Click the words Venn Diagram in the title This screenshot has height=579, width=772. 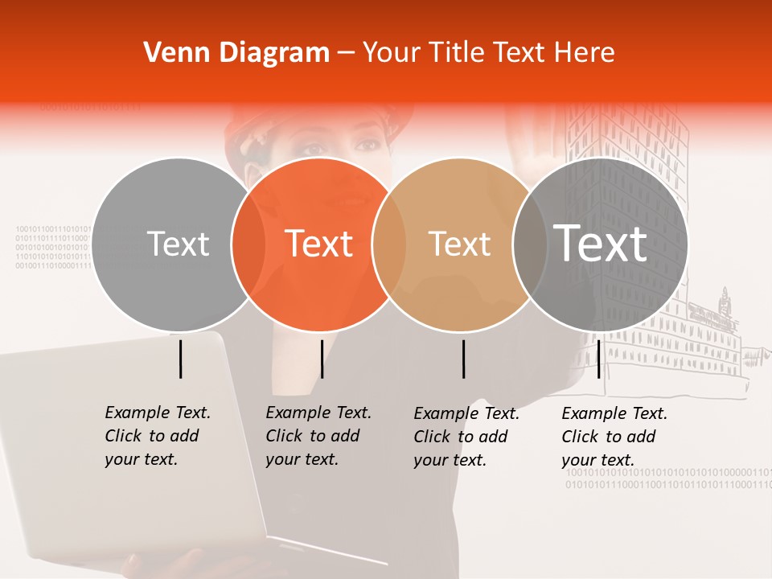tap(236, 53)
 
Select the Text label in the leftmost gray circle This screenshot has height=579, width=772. tap(179, 244)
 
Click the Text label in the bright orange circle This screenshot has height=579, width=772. tap(318, 244)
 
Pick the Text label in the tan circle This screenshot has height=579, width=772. tap(459, 244)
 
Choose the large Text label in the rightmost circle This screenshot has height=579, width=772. tap(601, 243)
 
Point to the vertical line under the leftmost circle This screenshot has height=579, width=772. tap(181, 359)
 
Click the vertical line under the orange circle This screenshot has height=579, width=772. tap(322, 359)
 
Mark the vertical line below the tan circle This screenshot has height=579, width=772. tap(464, 359)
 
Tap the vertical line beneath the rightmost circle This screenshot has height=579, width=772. tap(598, 359)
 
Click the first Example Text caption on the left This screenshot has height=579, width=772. tap(158, 436)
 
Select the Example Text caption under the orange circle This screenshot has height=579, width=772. tap(318, 436)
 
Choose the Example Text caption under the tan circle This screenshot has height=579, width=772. tap(466, 437)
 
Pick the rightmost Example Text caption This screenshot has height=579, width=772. tap(614, 437)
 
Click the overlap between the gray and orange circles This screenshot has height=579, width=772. tap(248, 244)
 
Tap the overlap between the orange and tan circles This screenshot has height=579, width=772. tap(389, 244)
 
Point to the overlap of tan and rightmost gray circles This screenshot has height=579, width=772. tap(530, 244)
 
